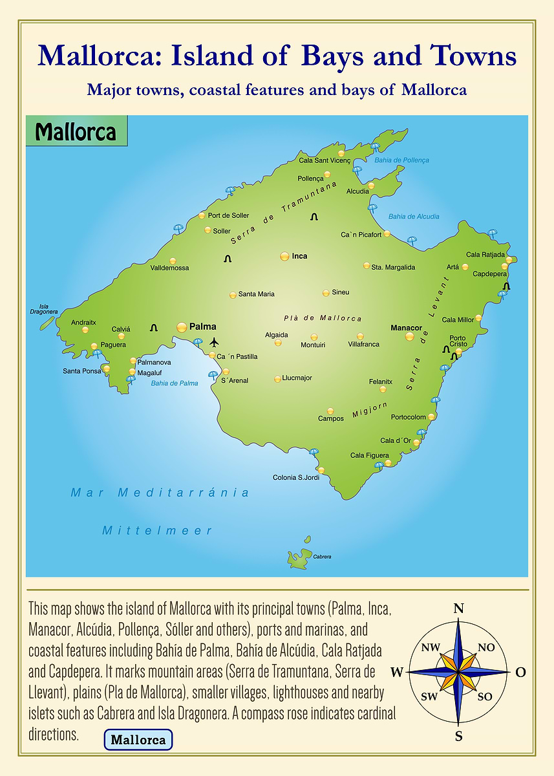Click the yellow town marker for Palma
[182, 327]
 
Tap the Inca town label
[299, 256]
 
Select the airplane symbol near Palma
[215, 341]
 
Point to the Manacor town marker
[409, 336]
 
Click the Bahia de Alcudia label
[414, 217]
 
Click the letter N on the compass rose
[458, 608]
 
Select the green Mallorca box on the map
[76, 132]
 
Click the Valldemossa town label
[169, 268]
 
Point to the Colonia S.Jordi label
[296, 478]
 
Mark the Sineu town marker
[326, 293]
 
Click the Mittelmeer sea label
[157, 531]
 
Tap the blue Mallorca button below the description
[138, 740]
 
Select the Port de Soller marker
[202, 215]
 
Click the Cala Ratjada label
[485, 255]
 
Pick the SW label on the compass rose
[429, 696]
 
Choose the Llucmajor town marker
[278, 379]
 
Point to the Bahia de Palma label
[175, 383]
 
